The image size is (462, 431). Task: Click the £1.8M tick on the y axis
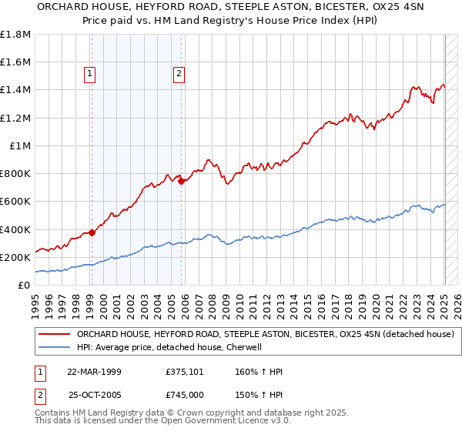coord(15,35)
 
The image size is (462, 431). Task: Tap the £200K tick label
coord(15,257)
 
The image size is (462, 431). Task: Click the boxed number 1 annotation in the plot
coord(90,74)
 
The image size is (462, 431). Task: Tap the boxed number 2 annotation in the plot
coord(179,74)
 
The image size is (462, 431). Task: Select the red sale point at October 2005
coord(181,181)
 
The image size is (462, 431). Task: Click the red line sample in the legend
coord(54,334)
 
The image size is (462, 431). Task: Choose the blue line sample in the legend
coord(54,347)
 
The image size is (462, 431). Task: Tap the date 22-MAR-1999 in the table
coord(95,372)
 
